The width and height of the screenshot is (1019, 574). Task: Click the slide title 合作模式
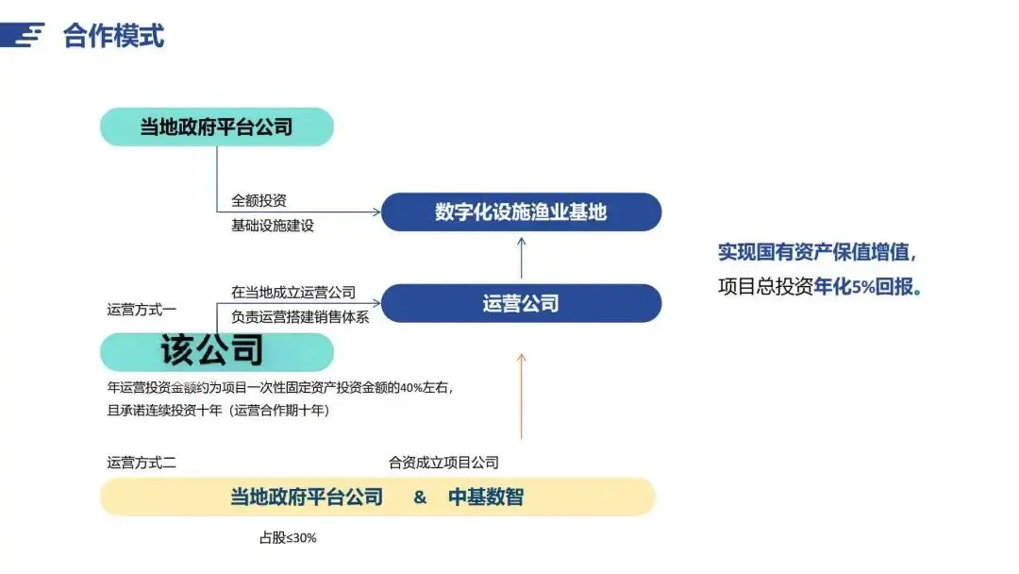113,36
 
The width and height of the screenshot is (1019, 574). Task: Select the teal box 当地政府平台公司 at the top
217,127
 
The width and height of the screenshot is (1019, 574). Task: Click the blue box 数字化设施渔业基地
521,211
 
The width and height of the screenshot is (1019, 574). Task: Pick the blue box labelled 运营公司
521,303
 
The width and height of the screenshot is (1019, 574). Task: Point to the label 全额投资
259,201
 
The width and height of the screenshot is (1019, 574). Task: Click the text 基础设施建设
272,226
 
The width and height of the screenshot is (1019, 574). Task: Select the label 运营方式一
142,309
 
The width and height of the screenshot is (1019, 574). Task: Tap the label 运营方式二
142,463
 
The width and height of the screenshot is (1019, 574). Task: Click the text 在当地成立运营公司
292,293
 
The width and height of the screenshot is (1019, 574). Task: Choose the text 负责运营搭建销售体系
300,317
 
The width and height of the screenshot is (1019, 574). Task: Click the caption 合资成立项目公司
443,463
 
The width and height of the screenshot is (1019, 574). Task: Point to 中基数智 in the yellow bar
485,497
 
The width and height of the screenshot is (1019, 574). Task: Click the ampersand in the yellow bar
420,497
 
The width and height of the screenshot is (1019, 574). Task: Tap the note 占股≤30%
289,538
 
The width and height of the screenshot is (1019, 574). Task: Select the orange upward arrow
521,397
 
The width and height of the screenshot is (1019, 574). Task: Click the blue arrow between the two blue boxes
521,257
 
